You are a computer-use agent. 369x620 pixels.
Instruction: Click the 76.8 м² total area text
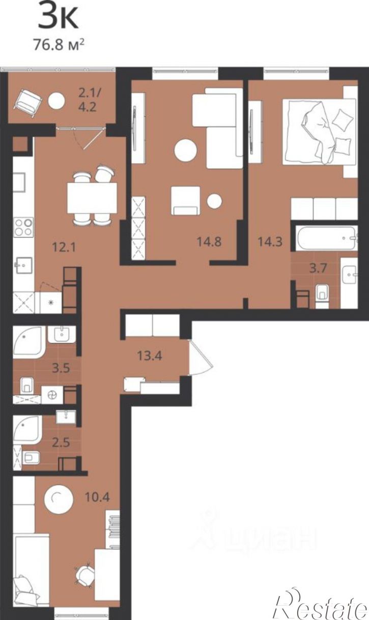point(59,45)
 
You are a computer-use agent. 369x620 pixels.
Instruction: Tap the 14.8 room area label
point(209,241)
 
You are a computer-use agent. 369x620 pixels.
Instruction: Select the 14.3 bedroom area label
point(270,241)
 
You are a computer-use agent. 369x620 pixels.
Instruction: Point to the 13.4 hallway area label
point(150,356)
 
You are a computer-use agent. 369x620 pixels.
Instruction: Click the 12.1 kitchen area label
point(64,247)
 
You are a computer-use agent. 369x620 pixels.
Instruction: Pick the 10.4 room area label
point(97,497)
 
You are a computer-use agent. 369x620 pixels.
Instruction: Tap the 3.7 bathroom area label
point(319,268)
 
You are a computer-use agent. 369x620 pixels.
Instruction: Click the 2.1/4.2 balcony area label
point(88,100)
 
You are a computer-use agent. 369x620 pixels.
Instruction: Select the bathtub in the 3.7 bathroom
point(326,238)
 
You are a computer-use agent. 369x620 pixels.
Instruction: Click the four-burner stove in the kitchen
point(23,227)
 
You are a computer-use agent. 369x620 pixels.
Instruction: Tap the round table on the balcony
point(56,100)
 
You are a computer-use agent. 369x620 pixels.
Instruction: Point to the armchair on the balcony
point(27,103)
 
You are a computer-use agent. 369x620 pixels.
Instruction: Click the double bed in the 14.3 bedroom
point(319,132)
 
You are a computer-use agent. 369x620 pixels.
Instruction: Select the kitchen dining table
point(92,198)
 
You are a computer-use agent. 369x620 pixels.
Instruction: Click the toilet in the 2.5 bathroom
point(31,458)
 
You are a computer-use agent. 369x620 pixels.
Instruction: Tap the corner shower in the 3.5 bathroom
point(28,342)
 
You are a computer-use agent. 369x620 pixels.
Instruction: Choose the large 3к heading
point(59,16)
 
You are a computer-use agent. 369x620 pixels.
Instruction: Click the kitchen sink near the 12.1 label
point(23,265)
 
